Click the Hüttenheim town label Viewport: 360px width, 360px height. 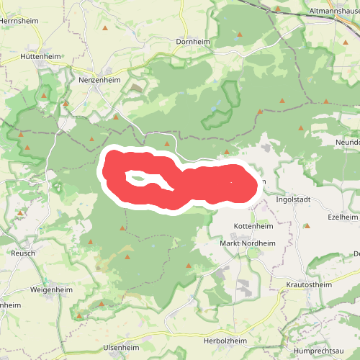tap(40, 55)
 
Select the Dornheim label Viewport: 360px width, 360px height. tap(192, 42)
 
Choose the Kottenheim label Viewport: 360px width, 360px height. tap(253, 226)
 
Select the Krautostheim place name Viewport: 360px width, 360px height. tap(309, 285)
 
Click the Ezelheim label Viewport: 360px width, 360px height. tap(342, 217)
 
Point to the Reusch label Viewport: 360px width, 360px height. tap(24, 253)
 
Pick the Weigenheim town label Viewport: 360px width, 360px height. tap(51, 289)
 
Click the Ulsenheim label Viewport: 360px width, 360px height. tap(121, 348)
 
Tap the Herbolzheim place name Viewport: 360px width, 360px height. tap(226, 341)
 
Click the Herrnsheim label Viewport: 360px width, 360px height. tap(17, 22)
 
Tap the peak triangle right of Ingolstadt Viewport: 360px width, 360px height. tap(307, 226)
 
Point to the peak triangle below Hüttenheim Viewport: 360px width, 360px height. tap(45, 95)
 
